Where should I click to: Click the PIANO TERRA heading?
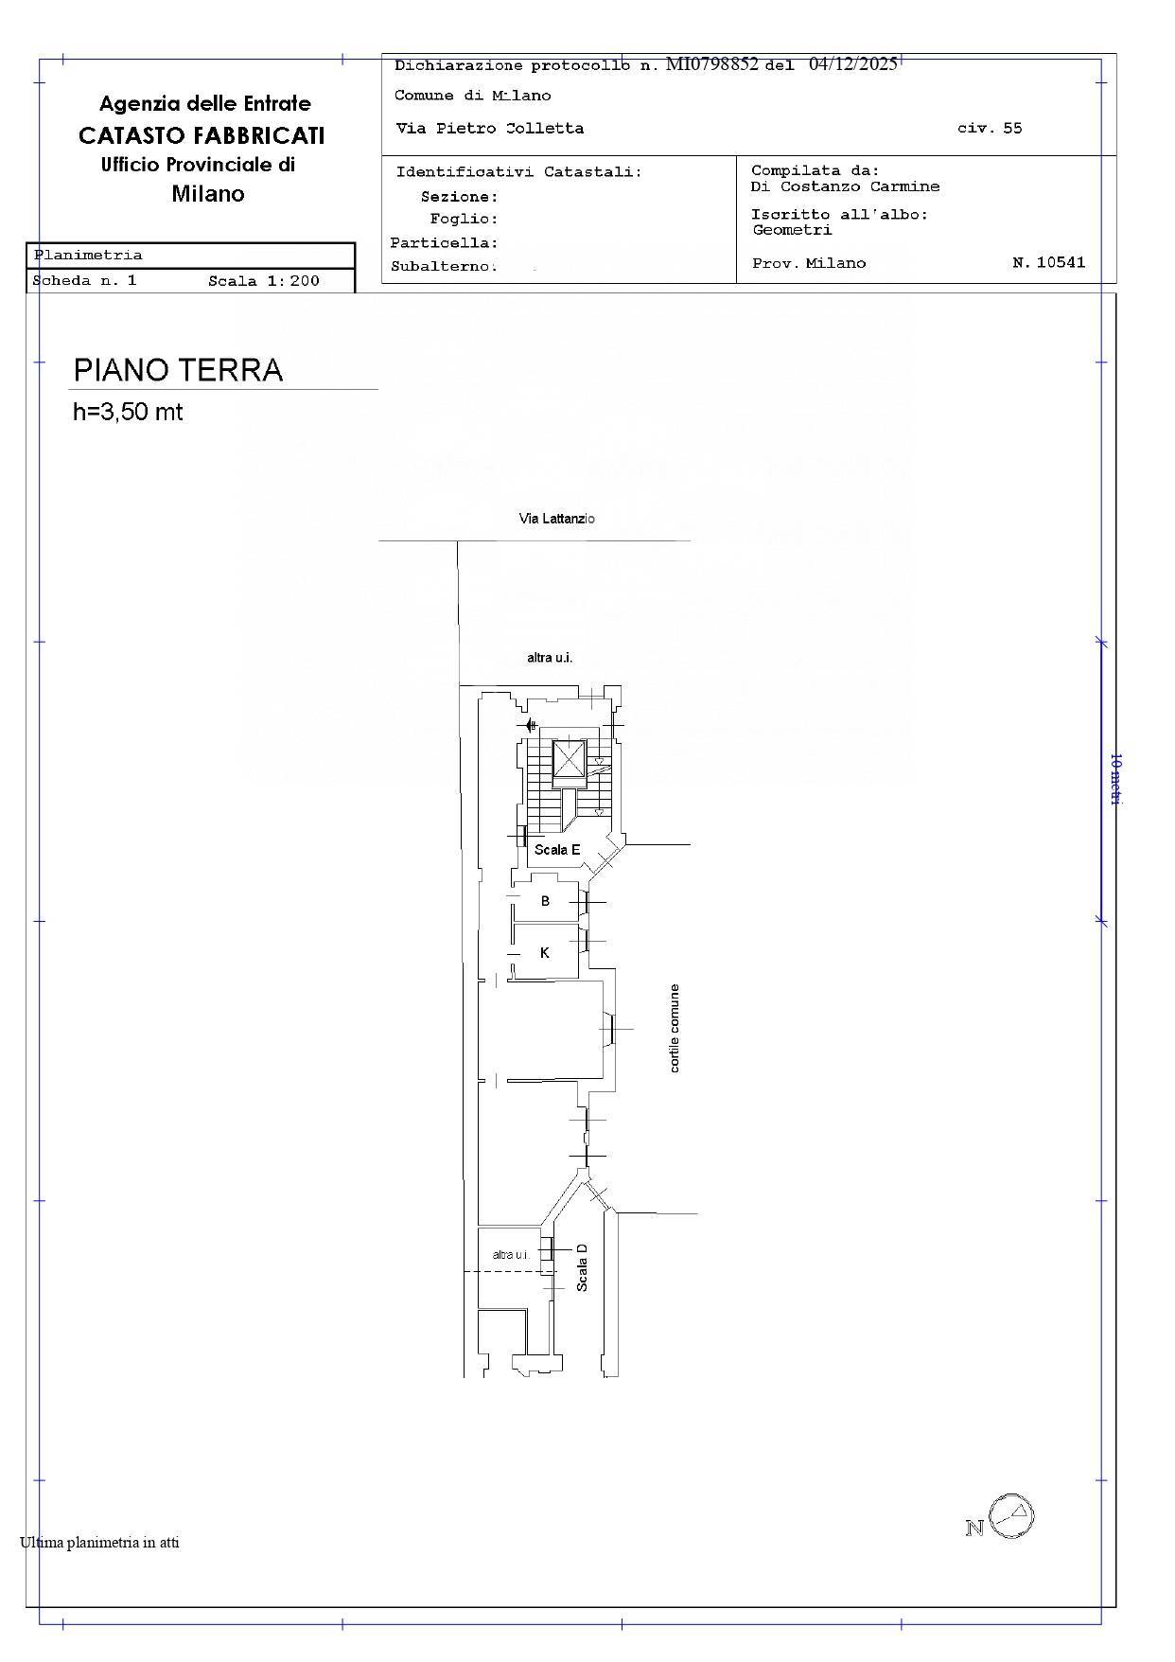coord(178,369)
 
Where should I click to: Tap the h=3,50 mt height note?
coord(128,412)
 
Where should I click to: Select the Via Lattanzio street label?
coord(557,519)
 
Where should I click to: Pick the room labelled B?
coord(545,901)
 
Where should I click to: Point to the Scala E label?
coord(557,849)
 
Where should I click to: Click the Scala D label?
coord(582,1267)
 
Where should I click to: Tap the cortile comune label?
coord(675,1028)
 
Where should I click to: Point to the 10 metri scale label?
coord(1115,779)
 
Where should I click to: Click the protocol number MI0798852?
coord(712,64)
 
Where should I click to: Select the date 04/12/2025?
coord(853,64)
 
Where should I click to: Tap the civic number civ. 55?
coord(990,129)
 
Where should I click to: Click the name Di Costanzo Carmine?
coord(846,186)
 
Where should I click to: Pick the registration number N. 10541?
coord(1049,263)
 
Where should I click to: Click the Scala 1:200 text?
coord(264,281)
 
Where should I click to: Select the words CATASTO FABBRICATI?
coord(202,135)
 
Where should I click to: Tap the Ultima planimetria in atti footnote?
coord(99,1543)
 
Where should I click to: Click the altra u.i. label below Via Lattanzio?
coord(550,658)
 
